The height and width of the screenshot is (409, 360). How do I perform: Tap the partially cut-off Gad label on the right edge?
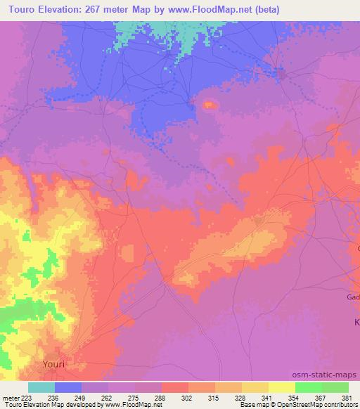coord(353,297)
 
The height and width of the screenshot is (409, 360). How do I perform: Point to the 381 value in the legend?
coord(348,398)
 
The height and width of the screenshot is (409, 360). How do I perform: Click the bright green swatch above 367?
coord(308,387)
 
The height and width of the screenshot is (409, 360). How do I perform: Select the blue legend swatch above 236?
coord(67,387)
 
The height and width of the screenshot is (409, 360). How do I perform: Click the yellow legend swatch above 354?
coord(281,387)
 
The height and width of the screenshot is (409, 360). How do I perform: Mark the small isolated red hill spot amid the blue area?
coord(209,105)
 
